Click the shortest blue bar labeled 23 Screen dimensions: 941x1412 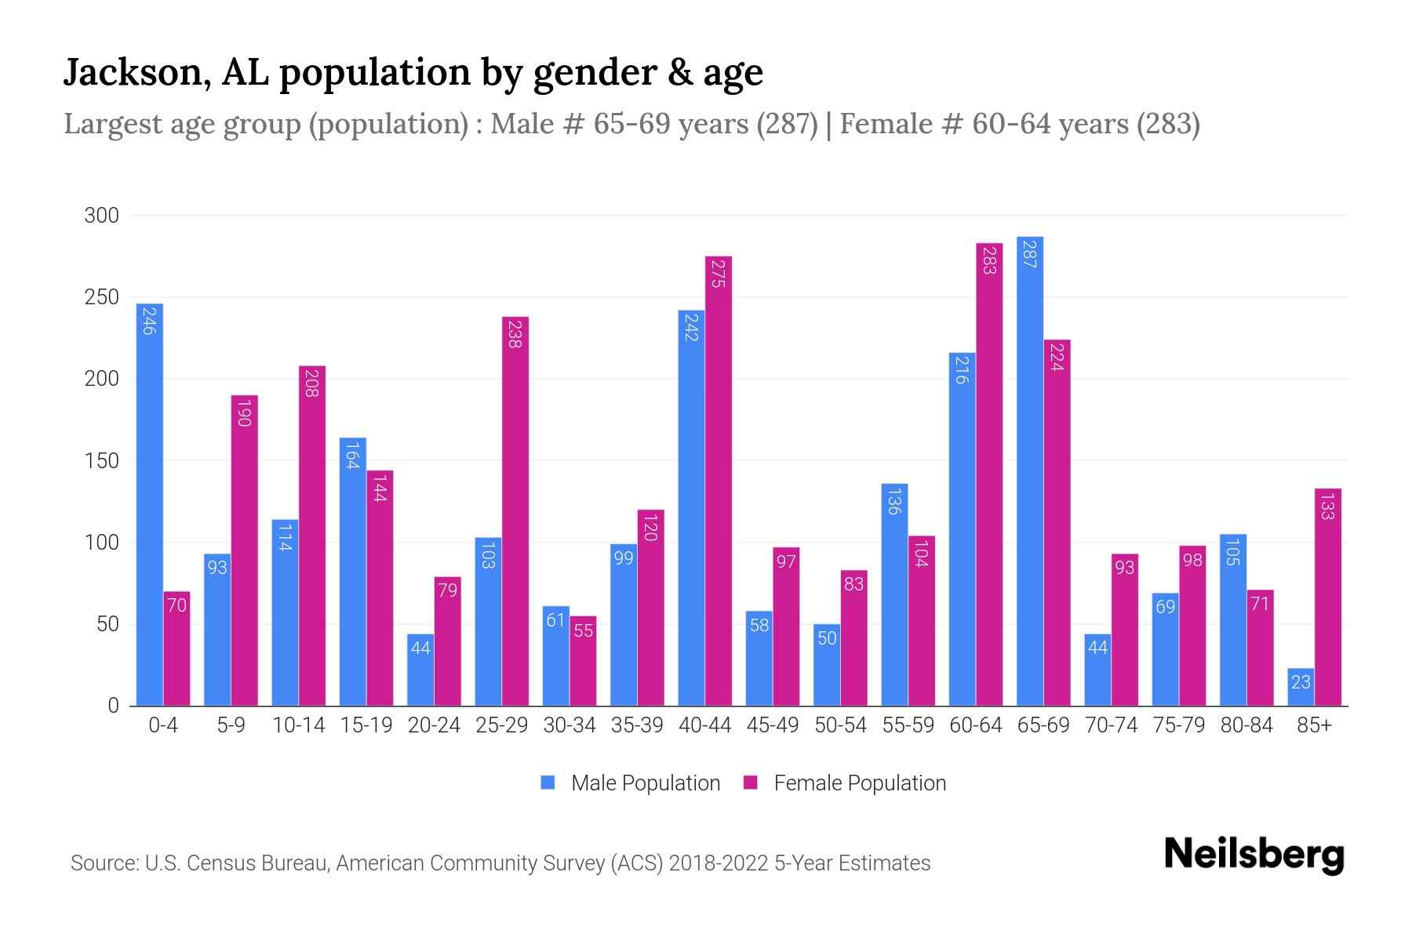1301,688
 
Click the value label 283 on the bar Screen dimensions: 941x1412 989,260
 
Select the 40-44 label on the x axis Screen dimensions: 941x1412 704,725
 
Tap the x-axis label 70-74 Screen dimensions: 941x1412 1111,725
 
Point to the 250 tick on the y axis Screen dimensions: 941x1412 102,297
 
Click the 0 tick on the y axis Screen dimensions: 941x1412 114,706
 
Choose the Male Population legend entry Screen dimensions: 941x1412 645,783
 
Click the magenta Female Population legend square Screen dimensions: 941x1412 751,783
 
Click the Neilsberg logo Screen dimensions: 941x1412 1254,855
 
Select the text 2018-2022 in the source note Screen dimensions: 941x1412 718,863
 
